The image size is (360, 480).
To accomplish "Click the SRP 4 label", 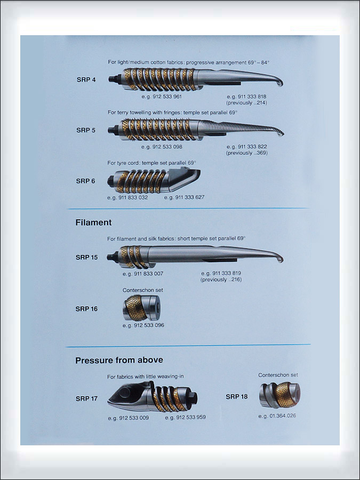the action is [86, 79].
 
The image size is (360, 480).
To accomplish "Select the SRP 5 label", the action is [86, 130].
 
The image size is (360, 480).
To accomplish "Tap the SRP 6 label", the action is [85, 181].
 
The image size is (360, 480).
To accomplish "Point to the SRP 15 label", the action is [86, 258].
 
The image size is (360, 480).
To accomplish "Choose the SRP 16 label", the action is [86, 309].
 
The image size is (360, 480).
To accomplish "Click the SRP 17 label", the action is [86, 398].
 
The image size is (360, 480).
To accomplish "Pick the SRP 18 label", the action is [237, 397].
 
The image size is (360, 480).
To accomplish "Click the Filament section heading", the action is [93, 222].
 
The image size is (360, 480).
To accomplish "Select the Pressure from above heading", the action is [119, 360].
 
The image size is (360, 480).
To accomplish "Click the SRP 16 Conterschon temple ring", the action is [142, 308].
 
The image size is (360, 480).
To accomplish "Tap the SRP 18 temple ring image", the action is [279, 395].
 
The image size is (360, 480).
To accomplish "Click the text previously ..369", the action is [247, 153].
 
